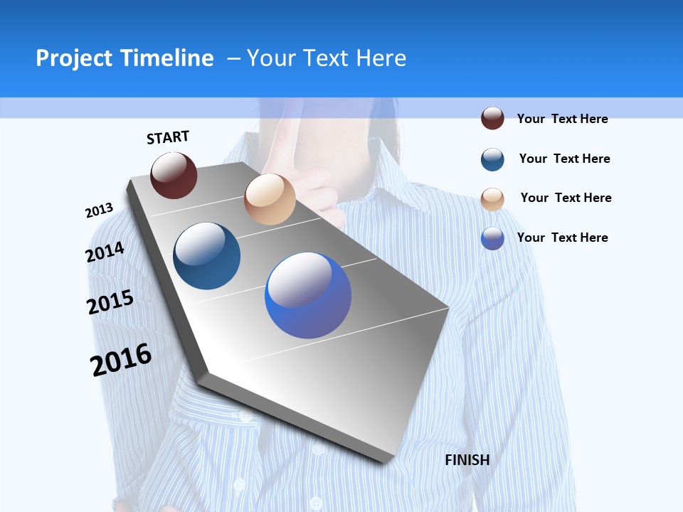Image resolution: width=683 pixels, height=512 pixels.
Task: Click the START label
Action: point(168,137)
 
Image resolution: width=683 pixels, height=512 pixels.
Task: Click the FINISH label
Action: point(467,460)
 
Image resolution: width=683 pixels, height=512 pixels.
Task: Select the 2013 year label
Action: point(99,210)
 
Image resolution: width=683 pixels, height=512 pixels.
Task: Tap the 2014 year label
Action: point(105,252)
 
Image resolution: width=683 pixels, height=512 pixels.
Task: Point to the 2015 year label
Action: point(110,302)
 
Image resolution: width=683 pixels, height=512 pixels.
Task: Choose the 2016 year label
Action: point(121,360)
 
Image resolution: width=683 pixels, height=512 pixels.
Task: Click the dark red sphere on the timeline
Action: point(174,175)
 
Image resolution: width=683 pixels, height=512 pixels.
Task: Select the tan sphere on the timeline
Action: point(270,199)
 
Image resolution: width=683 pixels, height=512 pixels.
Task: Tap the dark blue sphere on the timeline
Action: point(207,256)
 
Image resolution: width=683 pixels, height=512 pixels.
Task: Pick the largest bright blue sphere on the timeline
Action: point(308,295)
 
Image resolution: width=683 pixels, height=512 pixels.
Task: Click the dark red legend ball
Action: point(492,119)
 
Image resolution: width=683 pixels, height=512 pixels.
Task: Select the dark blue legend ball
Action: point(492,159)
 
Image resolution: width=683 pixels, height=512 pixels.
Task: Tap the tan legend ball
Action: point(492,199)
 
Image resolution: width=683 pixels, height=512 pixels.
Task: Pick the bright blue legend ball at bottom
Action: point(492,238)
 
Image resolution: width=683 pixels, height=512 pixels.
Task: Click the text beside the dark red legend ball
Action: point(562,119)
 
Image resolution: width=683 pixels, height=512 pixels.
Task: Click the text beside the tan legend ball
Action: point(566,198)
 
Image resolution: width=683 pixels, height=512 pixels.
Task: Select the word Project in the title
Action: point(75,58)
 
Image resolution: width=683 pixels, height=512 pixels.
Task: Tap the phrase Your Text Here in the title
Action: point(327,58)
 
